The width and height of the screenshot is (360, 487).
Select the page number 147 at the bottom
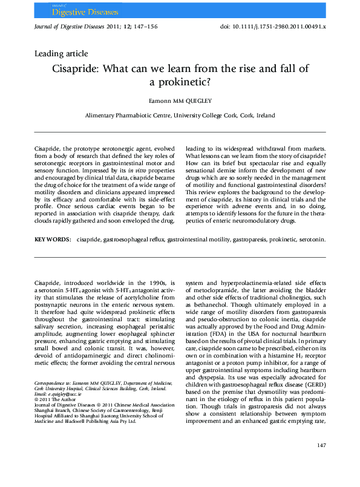pos(321,462)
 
